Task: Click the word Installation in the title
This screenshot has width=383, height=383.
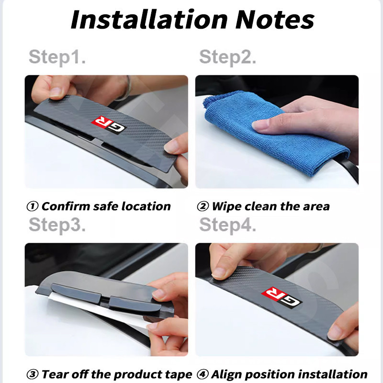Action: point(149,20)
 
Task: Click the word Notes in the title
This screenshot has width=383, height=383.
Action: point(275,20)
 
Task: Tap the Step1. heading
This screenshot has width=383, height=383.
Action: point(57,57)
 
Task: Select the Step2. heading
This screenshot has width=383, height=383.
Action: point(228,57)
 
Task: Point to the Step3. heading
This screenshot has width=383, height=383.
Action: point(57,225)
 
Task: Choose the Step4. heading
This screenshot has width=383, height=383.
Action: point(228,225)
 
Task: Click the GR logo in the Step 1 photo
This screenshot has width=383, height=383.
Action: point(109,125)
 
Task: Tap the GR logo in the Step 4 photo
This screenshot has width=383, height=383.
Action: point(282,297)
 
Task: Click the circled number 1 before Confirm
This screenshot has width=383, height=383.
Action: point(32,206)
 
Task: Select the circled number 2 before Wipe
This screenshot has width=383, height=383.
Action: point(203,206)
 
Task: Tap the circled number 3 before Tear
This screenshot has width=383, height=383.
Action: point(32,374)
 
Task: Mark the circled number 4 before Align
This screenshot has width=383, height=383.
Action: point(203,374)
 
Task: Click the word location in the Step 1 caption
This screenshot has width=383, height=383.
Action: point(146,206)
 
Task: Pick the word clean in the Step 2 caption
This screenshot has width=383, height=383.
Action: point(260,206)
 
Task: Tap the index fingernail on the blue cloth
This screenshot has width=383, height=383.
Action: point(260,125)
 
